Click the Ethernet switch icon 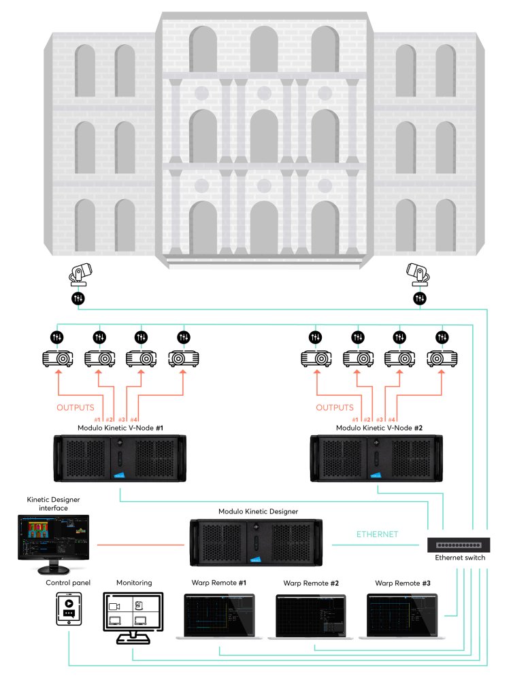[x=458, y=545]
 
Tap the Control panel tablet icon [x=69, y=609]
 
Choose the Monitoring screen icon [x=133, y=615]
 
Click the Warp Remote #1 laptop [x=219, y=616]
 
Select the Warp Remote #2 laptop [x=310, y=616]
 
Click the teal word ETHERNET [x=378, y=534]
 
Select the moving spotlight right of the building [x=417, y=273]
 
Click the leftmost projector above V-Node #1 [x=59, y=358]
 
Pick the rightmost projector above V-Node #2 [x=443, y=358]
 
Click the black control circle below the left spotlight [x=78, y=299]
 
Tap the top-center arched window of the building [x=263, y=46]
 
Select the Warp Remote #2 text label [x=311, y=583]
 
